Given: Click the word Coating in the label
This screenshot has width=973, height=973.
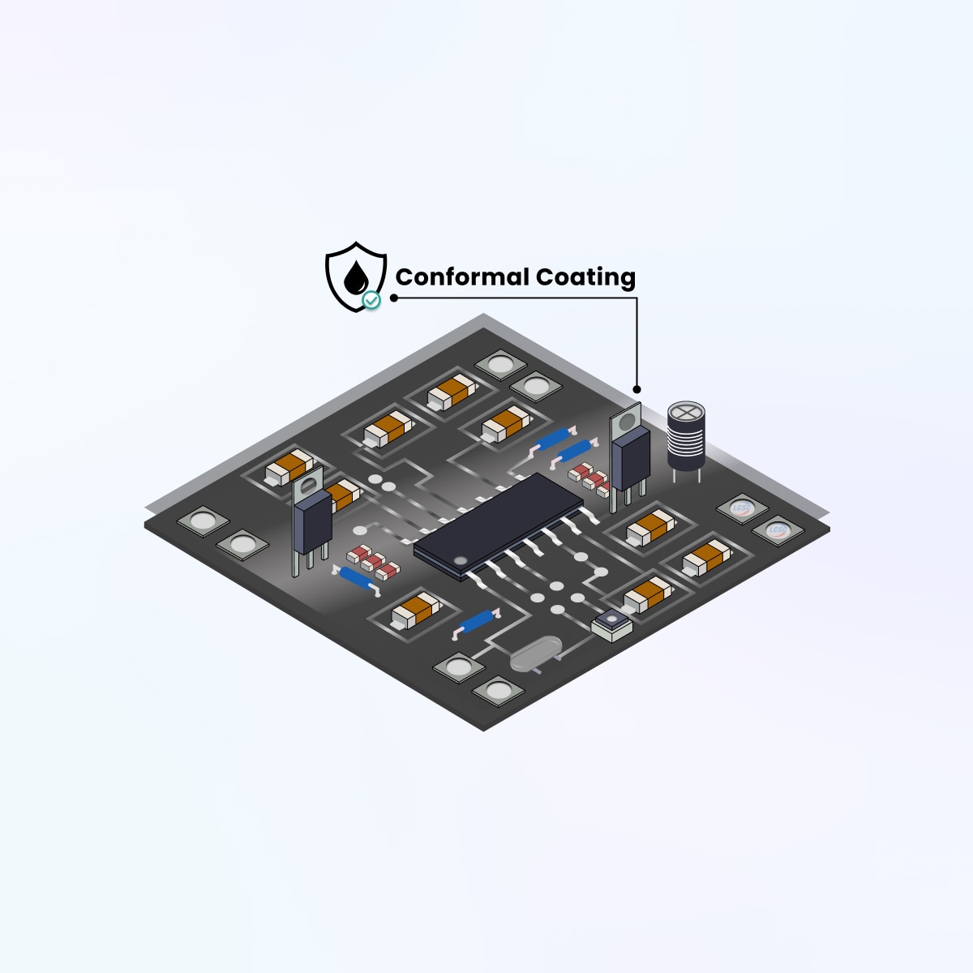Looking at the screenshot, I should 585,277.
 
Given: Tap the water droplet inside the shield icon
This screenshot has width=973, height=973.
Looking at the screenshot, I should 354,278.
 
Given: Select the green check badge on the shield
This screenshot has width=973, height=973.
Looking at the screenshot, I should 371,300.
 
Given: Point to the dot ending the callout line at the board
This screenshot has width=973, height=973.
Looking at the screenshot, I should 637,389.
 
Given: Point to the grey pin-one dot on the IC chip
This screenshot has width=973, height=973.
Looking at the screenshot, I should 460,560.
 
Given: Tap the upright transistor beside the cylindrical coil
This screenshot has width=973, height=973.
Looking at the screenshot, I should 629,454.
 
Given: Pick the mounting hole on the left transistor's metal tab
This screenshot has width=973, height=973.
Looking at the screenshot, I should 306,486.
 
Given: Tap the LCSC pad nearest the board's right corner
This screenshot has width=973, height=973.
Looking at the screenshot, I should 778,530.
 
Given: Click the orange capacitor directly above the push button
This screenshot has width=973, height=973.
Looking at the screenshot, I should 648,594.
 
